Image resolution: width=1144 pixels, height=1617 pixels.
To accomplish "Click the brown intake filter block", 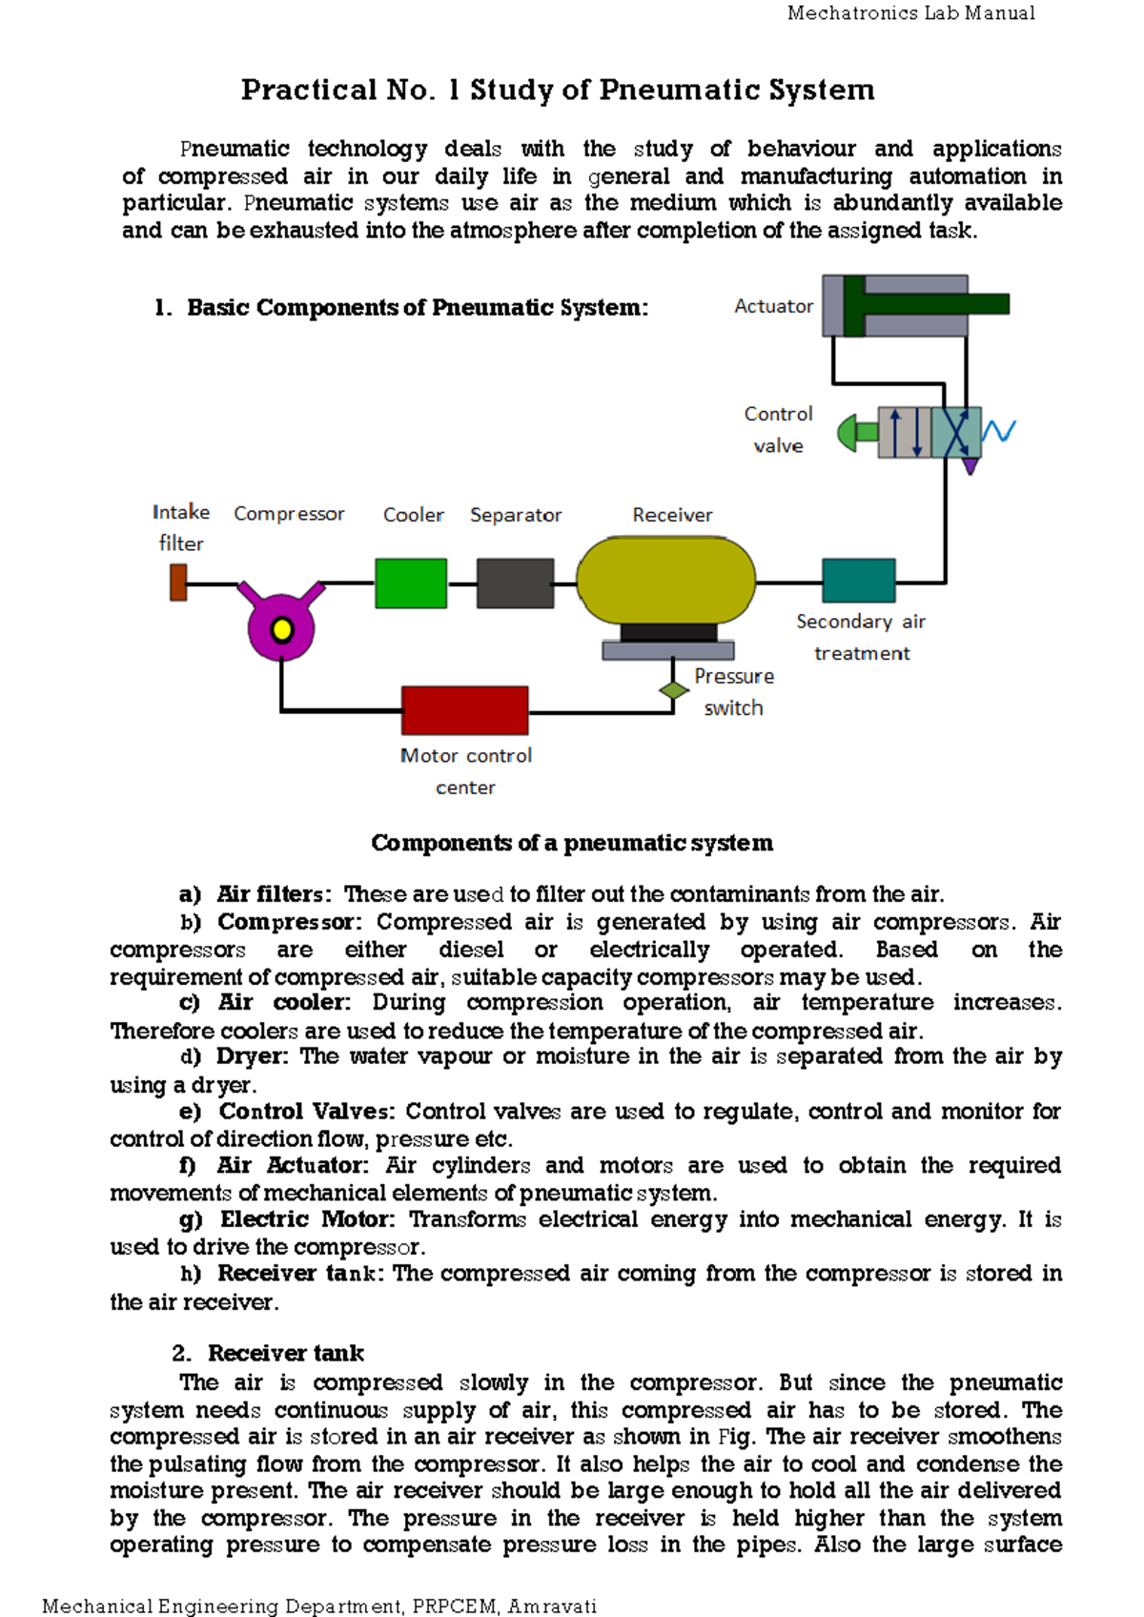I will tap(178, 582).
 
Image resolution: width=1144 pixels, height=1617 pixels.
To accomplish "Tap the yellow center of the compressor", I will tap(282, 629).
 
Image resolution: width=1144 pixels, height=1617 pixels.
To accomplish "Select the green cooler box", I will tap(411, 583).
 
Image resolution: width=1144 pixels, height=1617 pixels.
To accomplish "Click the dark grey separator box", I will tap(515, 583).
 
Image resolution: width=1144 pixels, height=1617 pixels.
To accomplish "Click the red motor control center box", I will tap(464, 710).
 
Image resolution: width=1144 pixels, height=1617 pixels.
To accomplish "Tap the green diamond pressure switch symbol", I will tap(674, 690).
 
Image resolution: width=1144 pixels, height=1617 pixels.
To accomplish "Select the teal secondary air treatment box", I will tap(858, 581).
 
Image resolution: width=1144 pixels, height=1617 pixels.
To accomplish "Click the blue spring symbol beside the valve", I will tap(998, 431).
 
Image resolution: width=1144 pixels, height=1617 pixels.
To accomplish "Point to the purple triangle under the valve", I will tap(970, 466).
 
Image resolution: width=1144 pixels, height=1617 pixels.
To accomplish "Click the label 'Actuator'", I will tap(773, 306).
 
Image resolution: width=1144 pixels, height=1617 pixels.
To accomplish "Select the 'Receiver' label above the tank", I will tap(672, 515).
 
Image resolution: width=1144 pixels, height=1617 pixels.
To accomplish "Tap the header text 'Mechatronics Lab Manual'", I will tap(910, 13).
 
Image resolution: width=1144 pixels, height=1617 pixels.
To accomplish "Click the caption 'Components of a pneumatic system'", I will tap(572, 843).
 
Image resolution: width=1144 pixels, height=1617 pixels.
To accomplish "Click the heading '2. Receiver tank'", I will tap(269, 1353).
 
